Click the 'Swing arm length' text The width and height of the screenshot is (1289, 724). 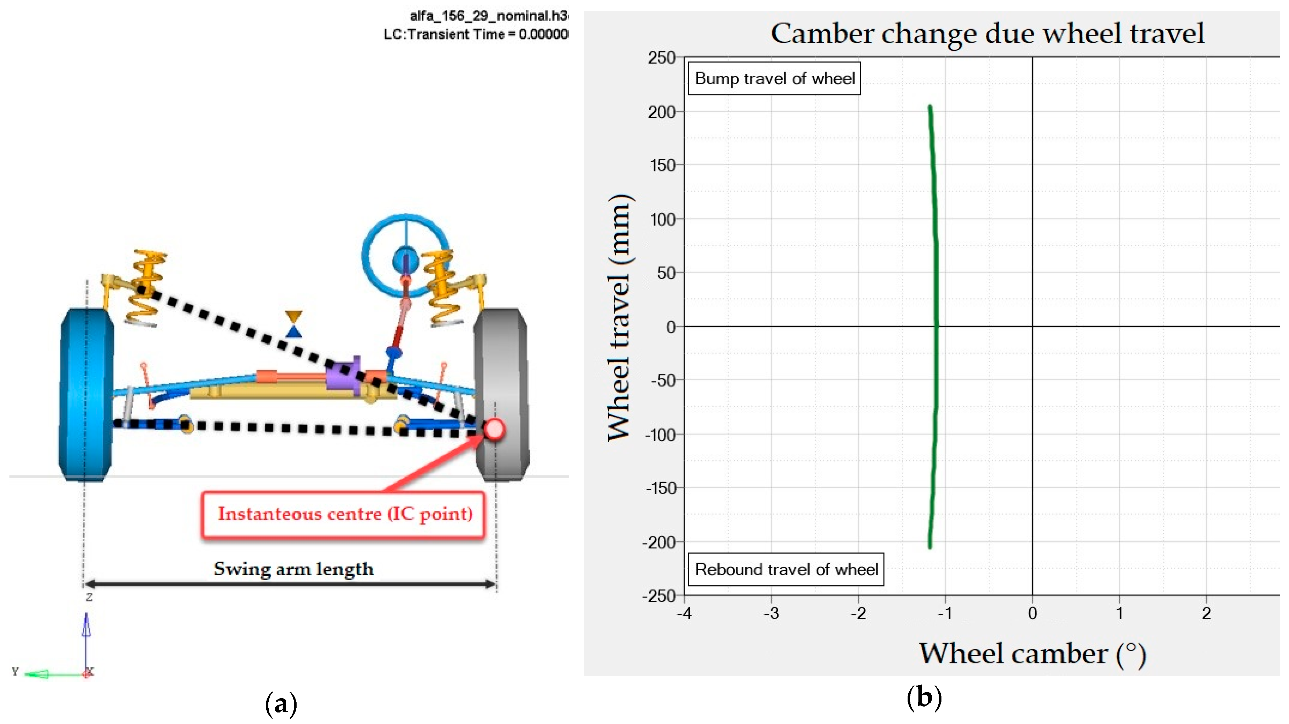pyautogui.click(x=294, y=569)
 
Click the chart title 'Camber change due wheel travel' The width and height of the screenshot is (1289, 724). pyautogui.click(x=987, y=34)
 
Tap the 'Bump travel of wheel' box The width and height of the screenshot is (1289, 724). pyautogui.click(x=774, y=79)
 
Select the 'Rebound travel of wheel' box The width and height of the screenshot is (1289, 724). pyautogui.click(x=786, y=570)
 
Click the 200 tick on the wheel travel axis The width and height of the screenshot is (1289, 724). pyautogui.click(x=662, y=112)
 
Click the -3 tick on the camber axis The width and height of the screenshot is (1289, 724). pyautogui.click(x=771, y=613)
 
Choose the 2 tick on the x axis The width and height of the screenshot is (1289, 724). pyautogui.click(x=1206, y=613)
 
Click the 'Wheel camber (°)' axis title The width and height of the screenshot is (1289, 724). pyautogui.click(x=1032, y=654)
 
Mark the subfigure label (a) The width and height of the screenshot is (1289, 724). pyautogui.click(x=281, y=703)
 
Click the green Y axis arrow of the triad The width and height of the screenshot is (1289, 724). pyautogui.click(x=38, y=674)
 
